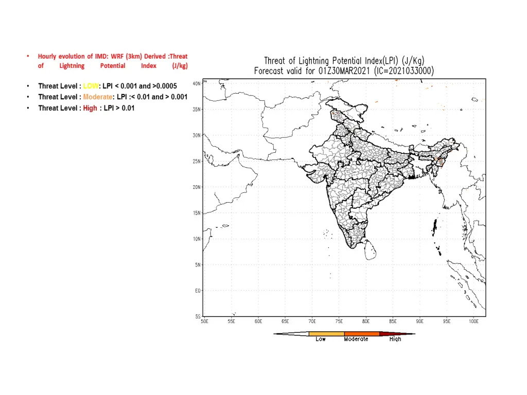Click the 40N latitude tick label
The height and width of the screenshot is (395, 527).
(196, 83)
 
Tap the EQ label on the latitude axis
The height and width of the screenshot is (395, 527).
(197, 291)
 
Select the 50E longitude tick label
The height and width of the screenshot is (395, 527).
(204, 321)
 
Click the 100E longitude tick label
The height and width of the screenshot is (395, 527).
(474, 321)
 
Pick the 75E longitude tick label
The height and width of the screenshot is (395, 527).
(339, 321)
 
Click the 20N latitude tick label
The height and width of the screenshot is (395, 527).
(196, 187)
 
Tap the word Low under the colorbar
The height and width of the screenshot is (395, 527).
(321, 339)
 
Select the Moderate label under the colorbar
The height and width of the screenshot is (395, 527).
(356, 339)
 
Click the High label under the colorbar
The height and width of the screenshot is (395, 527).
(395, 339)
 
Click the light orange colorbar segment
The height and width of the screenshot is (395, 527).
(326, 334)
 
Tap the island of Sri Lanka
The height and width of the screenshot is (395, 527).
(371, 250)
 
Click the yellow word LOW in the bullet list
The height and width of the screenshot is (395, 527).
(91, 86)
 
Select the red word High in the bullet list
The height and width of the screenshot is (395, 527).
(90, 108)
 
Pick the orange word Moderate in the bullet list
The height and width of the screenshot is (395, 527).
(97, 97)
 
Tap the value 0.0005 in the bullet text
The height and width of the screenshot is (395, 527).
(166, 86)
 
